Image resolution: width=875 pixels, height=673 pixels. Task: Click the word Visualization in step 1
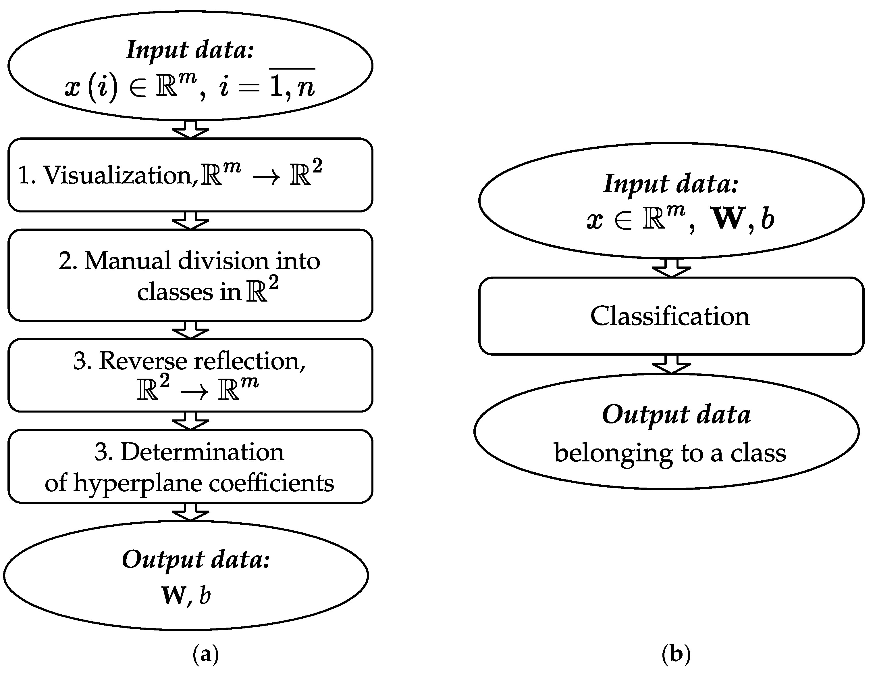(x=118, y=175)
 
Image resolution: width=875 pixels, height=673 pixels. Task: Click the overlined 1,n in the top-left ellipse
(x=292, y=86)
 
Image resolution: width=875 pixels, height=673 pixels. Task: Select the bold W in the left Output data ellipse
(x=173, y=595)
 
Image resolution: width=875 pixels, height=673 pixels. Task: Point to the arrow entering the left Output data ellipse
(x=190, y=512)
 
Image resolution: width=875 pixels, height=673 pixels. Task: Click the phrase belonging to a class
(x=670, y=453)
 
